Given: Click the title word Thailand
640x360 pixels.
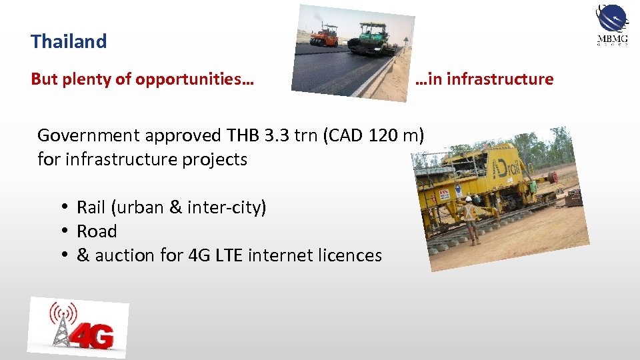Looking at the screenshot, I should click(x=69, y=41).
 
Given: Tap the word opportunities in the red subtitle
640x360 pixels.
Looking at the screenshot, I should click(x=194, y=79).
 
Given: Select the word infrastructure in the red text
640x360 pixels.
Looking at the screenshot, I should click(x=500, y=79).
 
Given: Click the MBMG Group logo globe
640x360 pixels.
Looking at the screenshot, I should click(x=612, y=18).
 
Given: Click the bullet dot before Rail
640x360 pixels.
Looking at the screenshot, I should click(x=67, y=207).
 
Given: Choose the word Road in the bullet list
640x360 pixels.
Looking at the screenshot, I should click(x=97, y=231).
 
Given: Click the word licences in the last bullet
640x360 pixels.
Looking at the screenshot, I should click(x=347, y=255).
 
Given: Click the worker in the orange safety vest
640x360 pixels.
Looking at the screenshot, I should click(x=471, y=217).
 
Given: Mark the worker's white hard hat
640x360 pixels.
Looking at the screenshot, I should click(x=469, y=198).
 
